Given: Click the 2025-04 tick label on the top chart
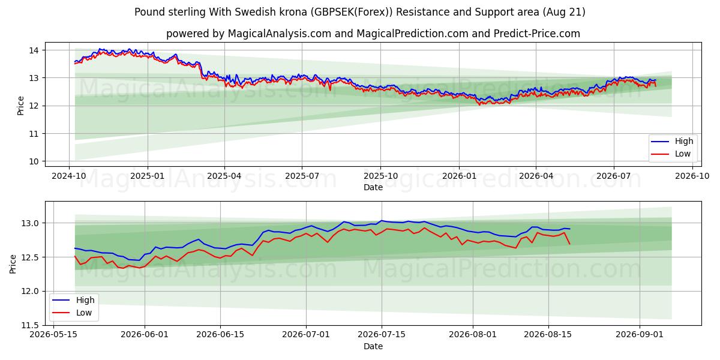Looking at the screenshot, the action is (x=224, y=176).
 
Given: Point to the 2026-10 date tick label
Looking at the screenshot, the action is (x=692, y=176).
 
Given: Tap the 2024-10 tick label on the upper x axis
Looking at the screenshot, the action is (x=69, y=176).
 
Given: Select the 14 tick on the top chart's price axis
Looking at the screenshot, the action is (x=34, y=50).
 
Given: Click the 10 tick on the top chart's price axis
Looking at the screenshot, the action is (x=34, y=161).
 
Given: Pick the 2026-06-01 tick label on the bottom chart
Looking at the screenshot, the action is (x=145, y=335).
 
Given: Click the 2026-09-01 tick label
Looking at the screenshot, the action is (x=640, y=335).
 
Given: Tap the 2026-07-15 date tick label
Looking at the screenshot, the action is (x=382, y=335).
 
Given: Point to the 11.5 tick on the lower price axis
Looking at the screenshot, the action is (x=30, y=326).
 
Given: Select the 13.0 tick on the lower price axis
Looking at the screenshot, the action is (x=30, y=223).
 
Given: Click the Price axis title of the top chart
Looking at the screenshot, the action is (x=20, y=106).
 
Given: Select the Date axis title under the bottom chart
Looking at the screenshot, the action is (x=373, y=347).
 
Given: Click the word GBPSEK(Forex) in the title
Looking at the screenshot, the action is (x=352, y=12).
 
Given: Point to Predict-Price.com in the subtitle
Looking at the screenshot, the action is (x=537, y=34).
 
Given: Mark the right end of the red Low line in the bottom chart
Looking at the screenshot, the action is (x=570, y=244).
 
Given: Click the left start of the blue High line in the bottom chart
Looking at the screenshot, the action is (x=75, y=248).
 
